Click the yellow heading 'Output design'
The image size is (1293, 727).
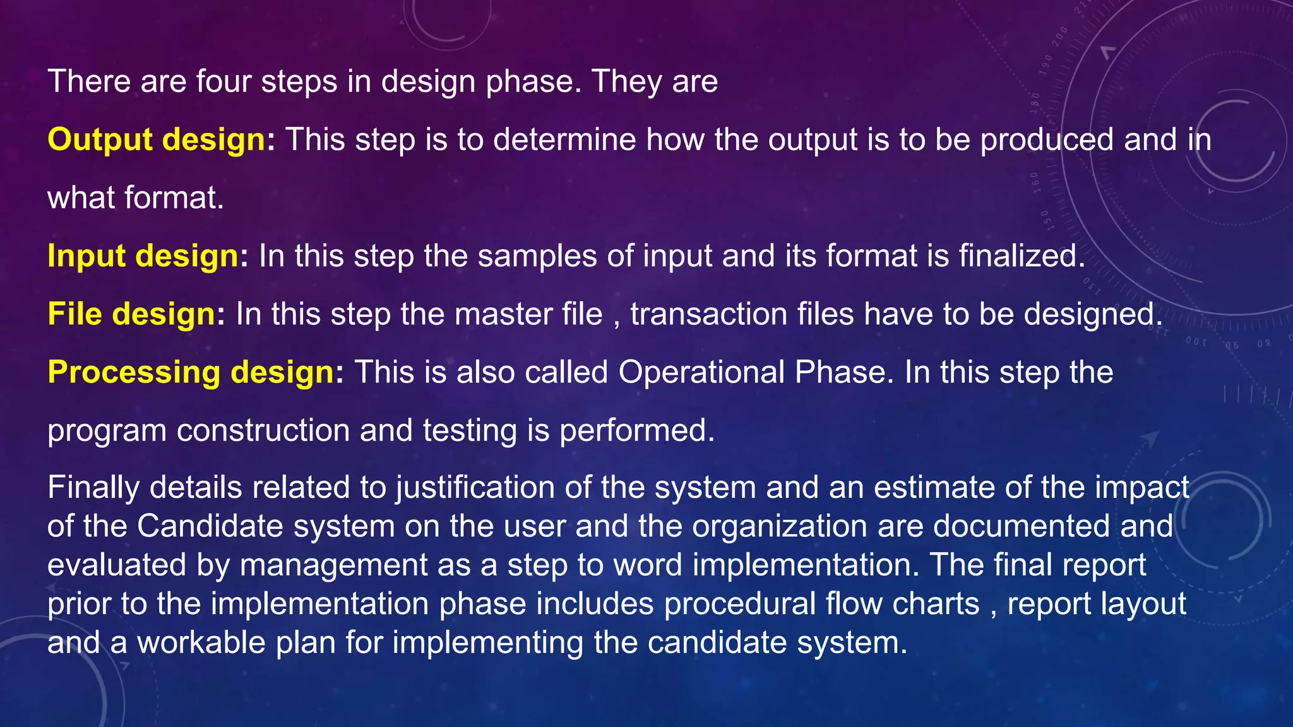(157, 139)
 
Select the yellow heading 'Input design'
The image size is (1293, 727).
(143, 256)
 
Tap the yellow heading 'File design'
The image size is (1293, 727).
(132, 314)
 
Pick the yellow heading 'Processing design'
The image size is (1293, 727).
(191, 372)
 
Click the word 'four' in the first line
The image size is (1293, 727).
(223, 82)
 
